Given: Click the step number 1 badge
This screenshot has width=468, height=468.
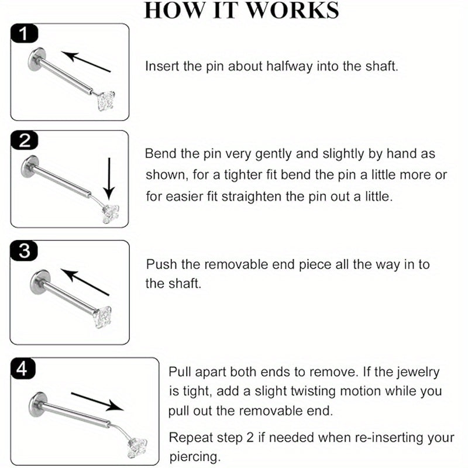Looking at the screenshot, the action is pos(24,33).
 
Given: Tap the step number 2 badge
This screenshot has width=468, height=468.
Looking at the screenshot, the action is pos(24,140).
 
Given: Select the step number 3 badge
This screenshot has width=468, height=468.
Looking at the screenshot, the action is pos(24,250).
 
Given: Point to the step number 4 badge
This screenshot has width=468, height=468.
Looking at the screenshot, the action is pos(23,369).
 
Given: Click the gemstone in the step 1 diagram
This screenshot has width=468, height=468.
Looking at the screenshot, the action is pos(106,101).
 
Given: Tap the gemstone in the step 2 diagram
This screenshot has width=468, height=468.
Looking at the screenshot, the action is pos(110,214).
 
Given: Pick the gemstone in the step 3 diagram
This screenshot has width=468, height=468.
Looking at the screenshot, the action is pos(102,317).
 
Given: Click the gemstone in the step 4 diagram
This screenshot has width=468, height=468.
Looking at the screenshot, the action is pos(137,448).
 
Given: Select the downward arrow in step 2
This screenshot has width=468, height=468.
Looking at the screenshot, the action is pos(109,178).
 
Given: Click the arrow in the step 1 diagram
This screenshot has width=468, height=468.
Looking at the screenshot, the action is pos(86,61).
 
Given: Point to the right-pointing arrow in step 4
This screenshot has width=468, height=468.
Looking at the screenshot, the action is pos(98,402).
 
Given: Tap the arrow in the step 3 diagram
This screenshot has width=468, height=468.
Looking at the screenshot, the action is pos(85,282).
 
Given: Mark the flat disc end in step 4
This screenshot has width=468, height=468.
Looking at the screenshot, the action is pos(38,404).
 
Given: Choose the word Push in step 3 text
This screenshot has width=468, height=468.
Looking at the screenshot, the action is pos(161,264).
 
